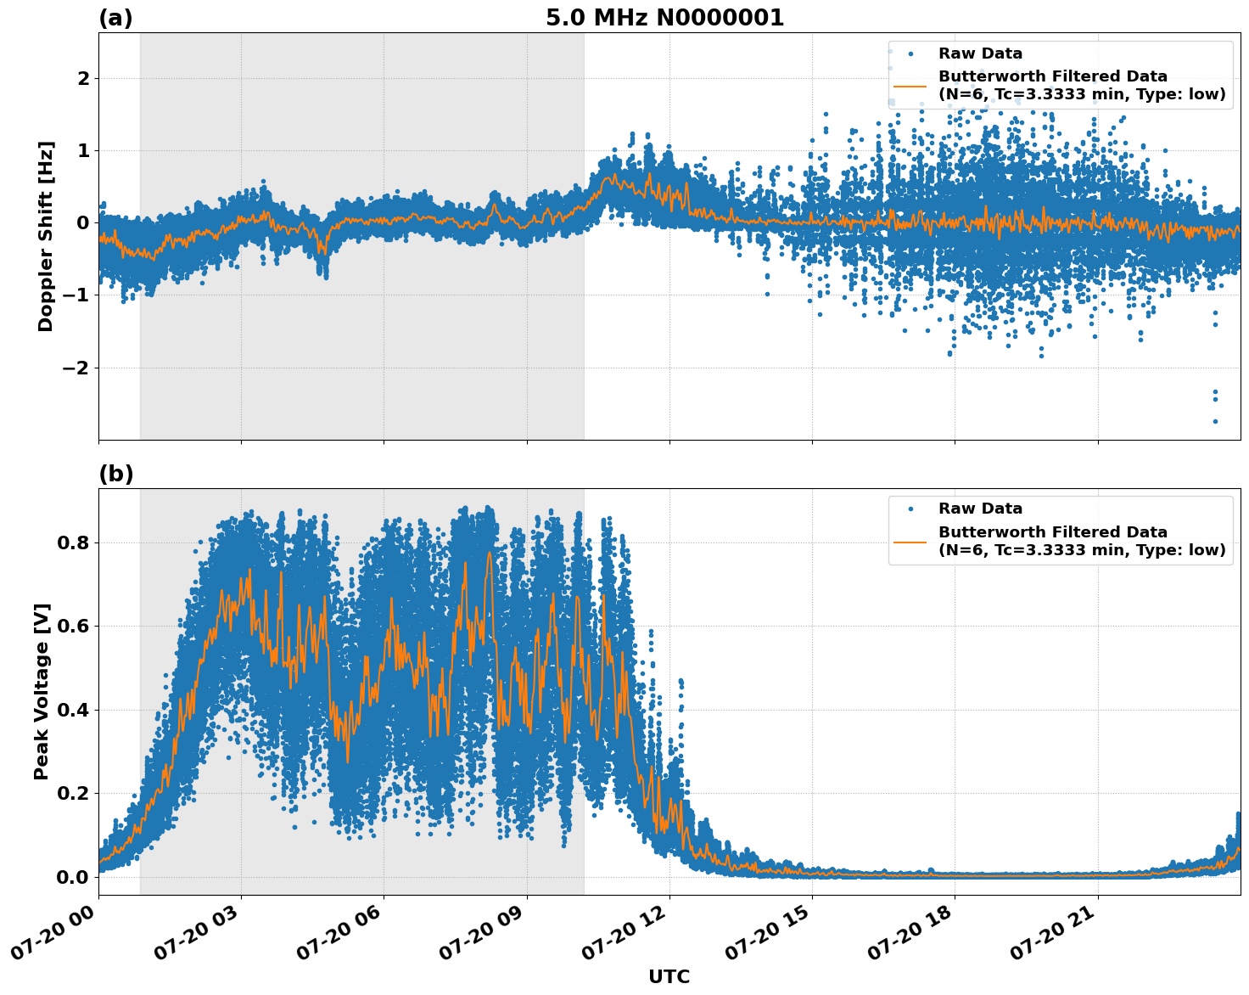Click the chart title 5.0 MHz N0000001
coord(664,18)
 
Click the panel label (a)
coord(115,18)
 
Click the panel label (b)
coord(115,474)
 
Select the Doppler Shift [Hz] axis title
coord(46,236)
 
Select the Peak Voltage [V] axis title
coord(42,691)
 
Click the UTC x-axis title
coord(669,976)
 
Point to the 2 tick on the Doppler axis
coord(83,79)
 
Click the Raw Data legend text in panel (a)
coord(980,53)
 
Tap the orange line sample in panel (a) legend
coord(910,86)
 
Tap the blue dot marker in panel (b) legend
coord(910,509)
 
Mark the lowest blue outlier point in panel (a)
coord(1215,421)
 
